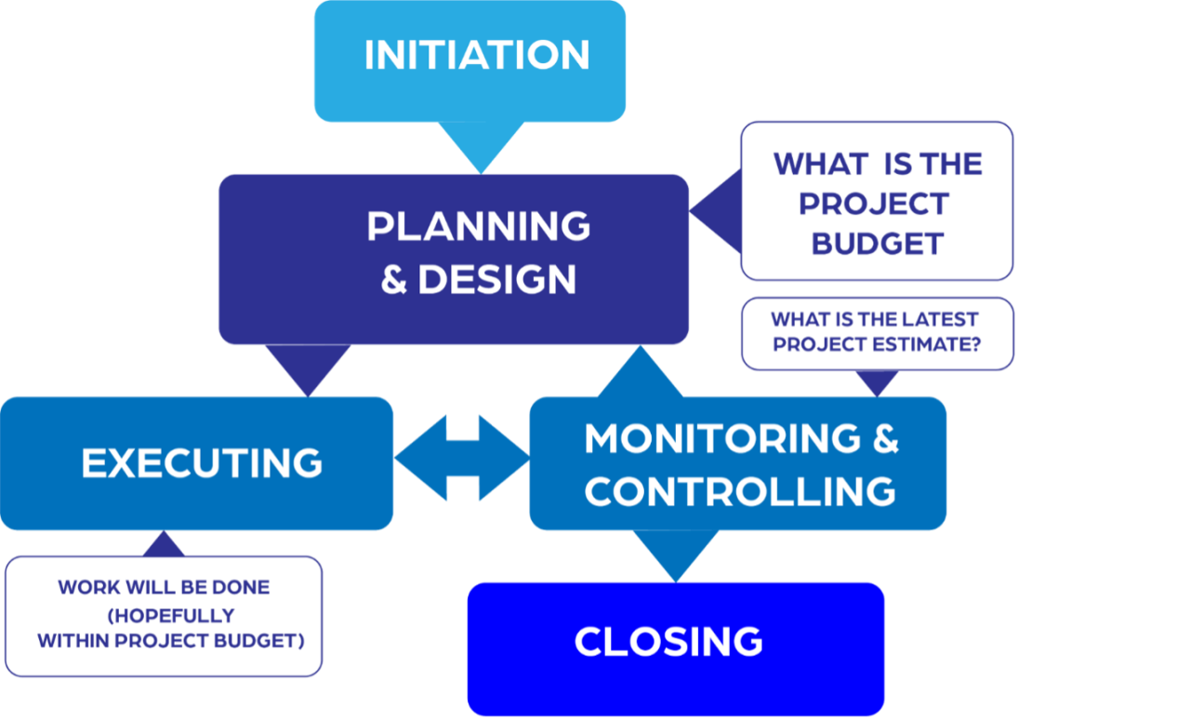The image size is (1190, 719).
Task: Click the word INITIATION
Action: click(477, 55)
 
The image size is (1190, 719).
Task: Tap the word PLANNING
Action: click(479, 226)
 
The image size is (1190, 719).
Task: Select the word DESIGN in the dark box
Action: click(497, 280)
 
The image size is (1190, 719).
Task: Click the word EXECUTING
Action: click(202, 463)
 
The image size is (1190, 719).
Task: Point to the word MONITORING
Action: click(722, 438)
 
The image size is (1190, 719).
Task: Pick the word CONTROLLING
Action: click(740, 491)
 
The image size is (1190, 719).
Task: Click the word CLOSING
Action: click(668, 642)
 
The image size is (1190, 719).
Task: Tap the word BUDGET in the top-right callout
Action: click(877, 244)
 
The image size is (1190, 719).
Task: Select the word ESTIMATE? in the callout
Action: click(930, 344)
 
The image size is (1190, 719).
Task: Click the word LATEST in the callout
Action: click(941, 319)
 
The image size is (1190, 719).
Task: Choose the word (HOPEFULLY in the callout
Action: click(170, 616)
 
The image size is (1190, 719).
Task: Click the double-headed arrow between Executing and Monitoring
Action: click(462, 458)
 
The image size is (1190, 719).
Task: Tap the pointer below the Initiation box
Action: click(480, 147)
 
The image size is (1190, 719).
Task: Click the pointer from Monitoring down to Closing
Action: click(676, 555)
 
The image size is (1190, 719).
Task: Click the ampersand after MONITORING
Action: click(885, 438)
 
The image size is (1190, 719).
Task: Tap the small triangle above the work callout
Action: click(164, 544)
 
